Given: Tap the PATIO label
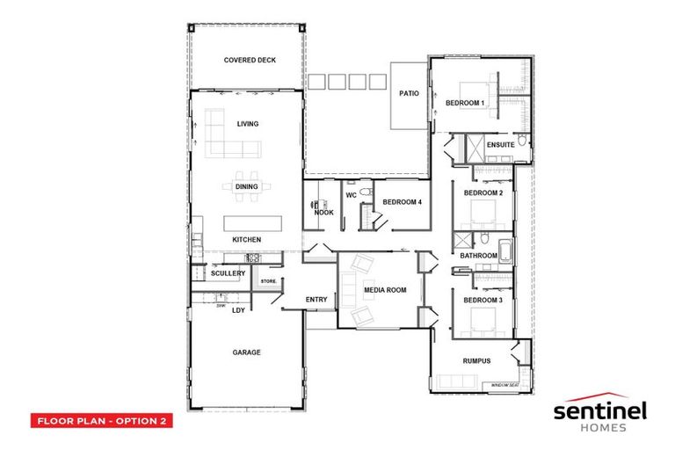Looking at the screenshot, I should (408, 92).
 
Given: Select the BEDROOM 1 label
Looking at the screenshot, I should (465, 103).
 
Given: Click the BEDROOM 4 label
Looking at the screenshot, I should (402, 202).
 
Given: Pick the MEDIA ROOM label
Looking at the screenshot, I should (385, 289).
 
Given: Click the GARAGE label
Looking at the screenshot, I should (246, 352).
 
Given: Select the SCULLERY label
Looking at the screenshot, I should (228, 273).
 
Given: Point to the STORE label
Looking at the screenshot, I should (268, 281).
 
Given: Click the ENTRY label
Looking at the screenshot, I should (316, 300).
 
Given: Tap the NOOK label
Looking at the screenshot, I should (324, 212).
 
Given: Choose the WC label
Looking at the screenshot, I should (350, 194).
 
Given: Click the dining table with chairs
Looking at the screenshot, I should (247, 186).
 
